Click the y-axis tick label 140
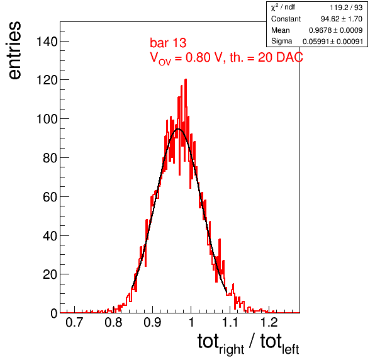[x=47, y=42]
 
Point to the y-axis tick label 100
[x=47, y=119]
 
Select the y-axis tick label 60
[x=50, y=197]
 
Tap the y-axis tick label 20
[x=50, y=274]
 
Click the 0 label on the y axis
[x=54, y=313]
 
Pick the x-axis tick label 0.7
[x=74, y=322]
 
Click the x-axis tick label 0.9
[x=152, y=322]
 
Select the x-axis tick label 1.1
[x=230, y=322]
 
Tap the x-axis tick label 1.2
[x=269, y=322]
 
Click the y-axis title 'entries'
[x=14, y=50]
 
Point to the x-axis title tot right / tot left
[x=249, y=344]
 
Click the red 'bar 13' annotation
[x=168, y=43]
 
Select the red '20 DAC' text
[x=281, y=57]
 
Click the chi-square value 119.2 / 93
[x=346, y=8]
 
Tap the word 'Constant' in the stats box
[x=286, y=19]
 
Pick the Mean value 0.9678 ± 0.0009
[x=335, y=30]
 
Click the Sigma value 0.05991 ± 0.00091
[x=333, y=42]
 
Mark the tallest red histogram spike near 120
[x=186, y=80]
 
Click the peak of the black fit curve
[x=178, y=129]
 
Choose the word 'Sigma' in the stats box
[x=281, y=41]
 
